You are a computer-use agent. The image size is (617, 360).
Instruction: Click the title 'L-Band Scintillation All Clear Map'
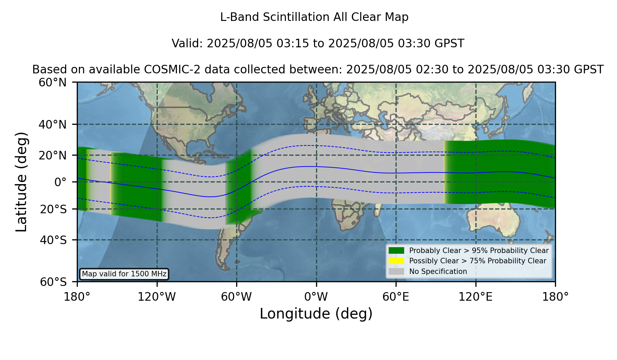[314, 17]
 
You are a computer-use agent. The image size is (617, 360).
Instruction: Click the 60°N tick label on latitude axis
[53, 83]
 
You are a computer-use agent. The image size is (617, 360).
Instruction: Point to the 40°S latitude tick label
[53, 240]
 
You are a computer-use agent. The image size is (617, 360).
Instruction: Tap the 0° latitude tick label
[60, 182]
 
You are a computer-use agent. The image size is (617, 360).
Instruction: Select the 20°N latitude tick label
[53, 155]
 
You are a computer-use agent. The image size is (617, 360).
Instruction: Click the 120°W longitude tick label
[157, 297]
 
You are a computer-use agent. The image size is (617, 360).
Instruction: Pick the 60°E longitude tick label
[396, 297]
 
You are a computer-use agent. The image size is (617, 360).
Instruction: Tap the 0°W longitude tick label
[316, 297]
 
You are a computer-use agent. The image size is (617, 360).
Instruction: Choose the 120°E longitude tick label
[475, 297]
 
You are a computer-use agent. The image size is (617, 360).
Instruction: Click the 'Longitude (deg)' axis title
[316, 314]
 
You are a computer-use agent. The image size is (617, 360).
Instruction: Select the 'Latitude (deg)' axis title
[21, 182]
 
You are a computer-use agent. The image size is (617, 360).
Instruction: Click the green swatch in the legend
[397, 251]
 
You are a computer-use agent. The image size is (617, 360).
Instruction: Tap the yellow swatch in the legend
[397, 261]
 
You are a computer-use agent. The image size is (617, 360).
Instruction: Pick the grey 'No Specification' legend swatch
[397, 272]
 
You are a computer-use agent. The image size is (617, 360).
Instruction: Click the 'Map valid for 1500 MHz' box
[124, 274]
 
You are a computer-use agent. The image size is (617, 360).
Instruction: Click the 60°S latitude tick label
[53, 282]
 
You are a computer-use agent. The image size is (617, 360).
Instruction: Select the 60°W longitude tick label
[237, 297]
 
